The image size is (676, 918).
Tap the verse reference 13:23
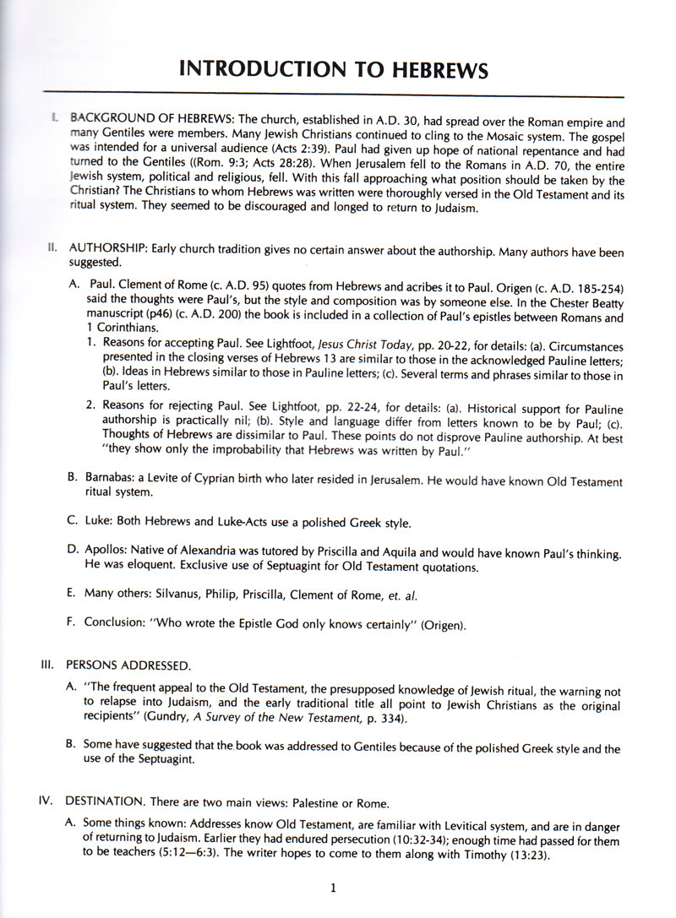click(504, 856)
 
